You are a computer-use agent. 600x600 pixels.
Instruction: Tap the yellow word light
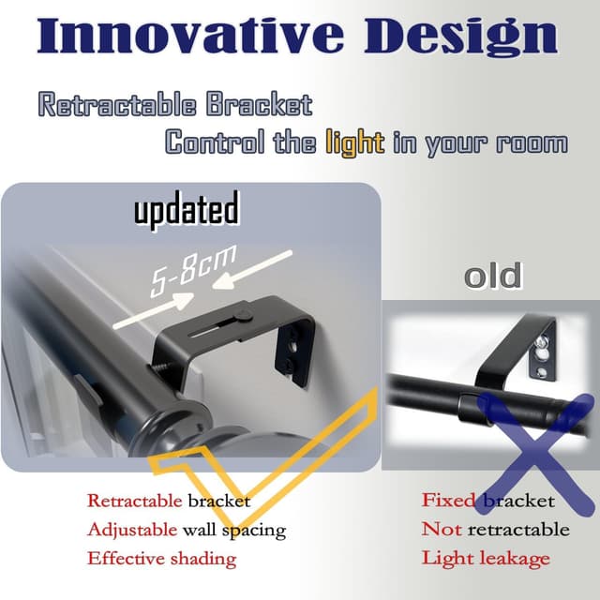pos(354,142)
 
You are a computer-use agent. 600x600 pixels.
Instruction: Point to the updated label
pos(186,210)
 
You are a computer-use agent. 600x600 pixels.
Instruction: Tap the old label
pos(493,277)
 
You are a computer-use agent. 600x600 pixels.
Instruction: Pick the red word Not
pos(441,530)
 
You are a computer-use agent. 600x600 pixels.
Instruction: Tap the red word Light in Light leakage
pos(443,559)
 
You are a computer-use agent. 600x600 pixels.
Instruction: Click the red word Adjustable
pos(131,530)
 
